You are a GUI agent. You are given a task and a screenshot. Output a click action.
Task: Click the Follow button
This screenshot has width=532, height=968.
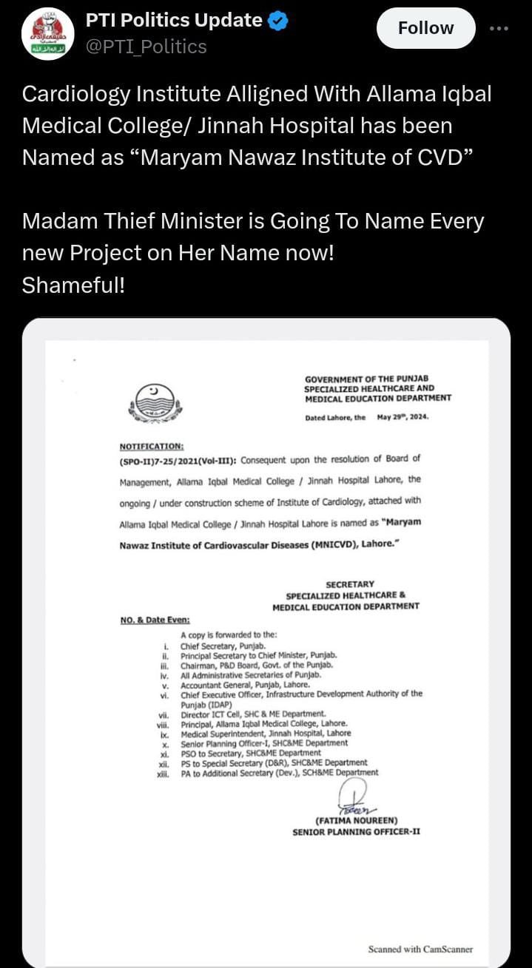pos(425,28)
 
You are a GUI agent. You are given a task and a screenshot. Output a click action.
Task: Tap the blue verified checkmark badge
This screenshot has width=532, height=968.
pos(277,21)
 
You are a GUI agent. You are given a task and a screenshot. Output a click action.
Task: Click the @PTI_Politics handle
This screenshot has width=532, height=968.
pos(147,47)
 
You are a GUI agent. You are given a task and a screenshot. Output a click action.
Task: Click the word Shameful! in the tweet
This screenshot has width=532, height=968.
pos(73,285)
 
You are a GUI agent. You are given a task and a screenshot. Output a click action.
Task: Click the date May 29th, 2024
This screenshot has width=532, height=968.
pos(403,417)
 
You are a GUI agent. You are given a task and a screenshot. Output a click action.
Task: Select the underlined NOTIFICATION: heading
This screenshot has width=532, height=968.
pos(152,447)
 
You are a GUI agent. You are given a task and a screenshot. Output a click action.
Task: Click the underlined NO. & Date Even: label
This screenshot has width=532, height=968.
pos(155,620)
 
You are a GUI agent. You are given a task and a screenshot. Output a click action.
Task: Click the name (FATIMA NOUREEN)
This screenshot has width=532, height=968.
pos(357,821)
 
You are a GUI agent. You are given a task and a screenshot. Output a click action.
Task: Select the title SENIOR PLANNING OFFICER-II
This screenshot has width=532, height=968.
pos(357,832)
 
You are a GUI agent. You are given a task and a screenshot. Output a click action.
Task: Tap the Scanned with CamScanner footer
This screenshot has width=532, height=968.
pos(420,949)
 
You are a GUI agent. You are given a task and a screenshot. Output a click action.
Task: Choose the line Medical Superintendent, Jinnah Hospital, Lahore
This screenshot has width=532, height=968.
pos(266,733)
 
